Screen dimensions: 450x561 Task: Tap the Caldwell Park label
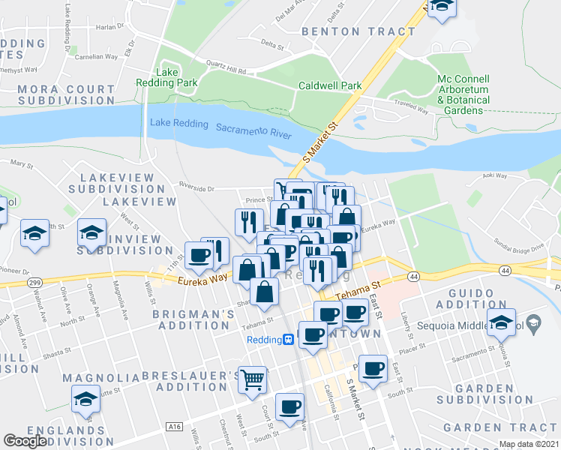point(330,86)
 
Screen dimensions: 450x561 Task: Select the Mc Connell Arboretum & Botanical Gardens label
point(463,94)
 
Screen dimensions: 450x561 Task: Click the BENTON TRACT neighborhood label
point(358,31)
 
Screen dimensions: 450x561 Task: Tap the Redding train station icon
point(287,340)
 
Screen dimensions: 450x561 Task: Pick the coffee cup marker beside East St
point(373,367)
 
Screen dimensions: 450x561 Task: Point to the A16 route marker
point(174,427)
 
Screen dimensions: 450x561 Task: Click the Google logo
point(25,441)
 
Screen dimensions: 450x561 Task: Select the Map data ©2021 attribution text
point(529,444)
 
